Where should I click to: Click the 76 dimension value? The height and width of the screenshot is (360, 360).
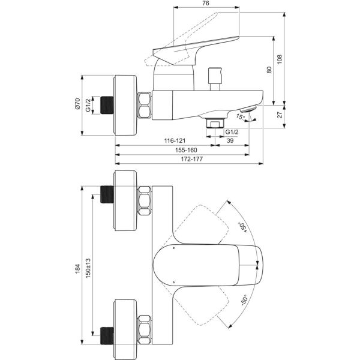click(206, 3)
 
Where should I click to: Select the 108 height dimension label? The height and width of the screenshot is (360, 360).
click(280, 59)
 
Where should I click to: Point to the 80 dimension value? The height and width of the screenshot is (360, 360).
click(269, 70)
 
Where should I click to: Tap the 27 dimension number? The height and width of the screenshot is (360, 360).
click(280, 115)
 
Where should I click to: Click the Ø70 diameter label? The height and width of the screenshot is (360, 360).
click(77, 104)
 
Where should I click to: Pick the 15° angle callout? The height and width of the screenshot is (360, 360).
click(241, 116)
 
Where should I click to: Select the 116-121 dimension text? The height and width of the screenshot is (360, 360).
click(175, 140)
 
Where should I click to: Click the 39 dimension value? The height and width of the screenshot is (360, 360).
click(230, 140)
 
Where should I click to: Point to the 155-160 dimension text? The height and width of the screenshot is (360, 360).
click(186, 150)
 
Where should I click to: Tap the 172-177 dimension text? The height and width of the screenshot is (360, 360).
click(192, 159)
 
